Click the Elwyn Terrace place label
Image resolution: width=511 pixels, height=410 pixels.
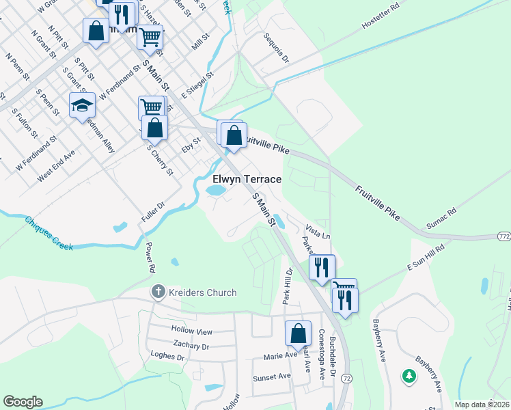pos(247,179)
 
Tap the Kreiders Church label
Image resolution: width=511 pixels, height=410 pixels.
pos(203,292)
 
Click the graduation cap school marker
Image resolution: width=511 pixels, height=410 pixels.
pos(82,106)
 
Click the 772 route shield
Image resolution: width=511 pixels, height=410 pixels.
pos(502,236)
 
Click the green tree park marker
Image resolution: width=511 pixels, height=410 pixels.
pos(409,376)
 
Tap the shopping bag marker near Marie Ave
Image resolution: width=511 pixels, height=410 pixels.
pos(298,335)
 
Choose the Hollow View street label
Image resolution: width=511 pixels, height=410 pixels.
pos(193,331)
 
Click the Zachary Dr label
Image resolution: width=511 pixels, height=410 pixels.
pos(191,346)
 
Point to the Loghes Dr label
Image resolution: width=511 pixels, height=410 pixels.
pos(167,356)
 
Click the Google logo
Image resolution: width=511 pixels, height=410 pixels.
pos(23,402)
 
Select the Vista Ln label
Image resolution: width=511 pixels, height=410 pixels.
pos(318,230)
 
